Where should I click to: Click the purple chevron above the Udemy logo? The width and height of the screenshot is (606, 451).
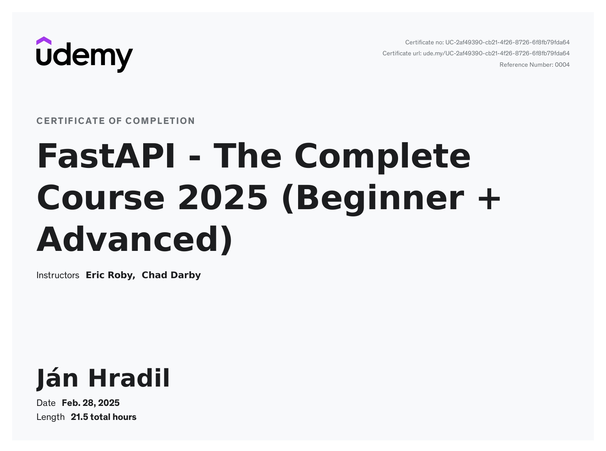point(44,41)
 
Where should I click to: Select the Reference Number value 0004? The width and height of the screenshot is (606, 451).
point(562,65)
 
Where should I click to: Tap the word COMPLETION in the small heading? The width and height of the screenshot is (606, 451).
point(160,121)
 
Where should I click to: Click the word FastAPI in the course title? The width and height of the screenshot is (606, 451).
point(106,156)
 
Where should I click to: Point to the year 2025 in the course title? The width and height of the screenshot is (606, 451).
point(223,198)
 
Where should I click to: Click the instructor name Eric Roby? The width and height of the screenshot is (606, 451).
point(110,275)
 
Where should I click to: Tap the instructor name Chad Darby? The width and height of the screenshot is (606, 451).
point(171,275)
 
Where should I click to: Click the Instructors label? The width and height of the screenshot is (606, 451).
point(58,275)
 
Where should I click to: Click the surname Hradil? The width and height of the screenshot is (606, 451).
point(129,378)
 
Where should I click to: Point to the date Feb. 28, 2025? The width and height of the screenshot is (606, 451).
point(91,403)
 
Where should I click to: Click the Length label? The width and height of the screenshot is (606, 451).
point(50,417)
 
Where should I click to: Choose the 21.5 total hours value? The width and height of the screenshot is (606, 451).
point(103,417)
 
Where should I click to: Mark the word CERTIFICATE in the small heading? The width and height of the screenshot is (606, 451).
point(71,121)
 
